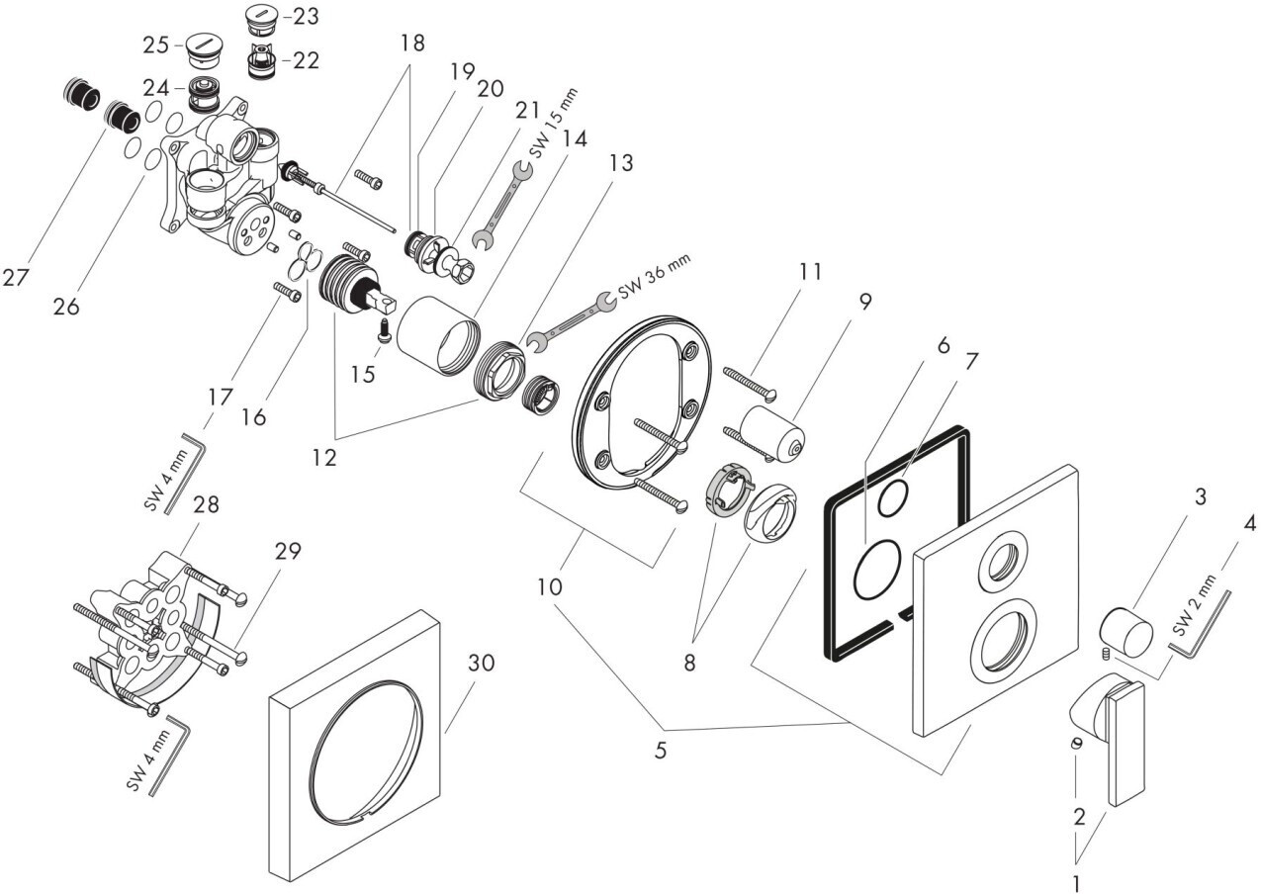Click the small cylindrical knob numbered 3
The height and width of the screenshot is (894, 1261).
coord(1126,632)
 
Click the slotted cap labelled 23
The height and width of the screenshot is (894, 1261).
coord(261,17)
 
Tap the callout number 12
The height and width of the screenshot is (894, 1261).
coord(323,458)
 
